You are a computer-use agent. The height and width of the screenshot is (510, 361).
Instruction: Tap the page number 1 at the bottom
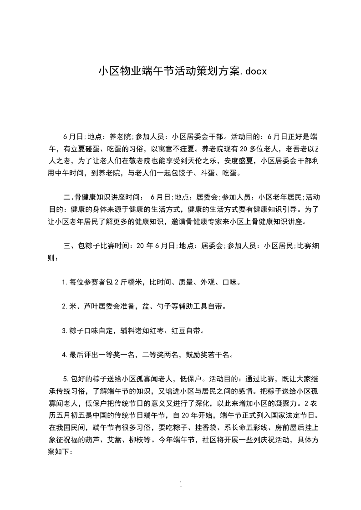[x=181, y=485]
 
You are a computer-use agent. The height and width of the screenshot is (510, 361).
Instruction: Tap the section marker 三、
[x=70, y=246]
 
